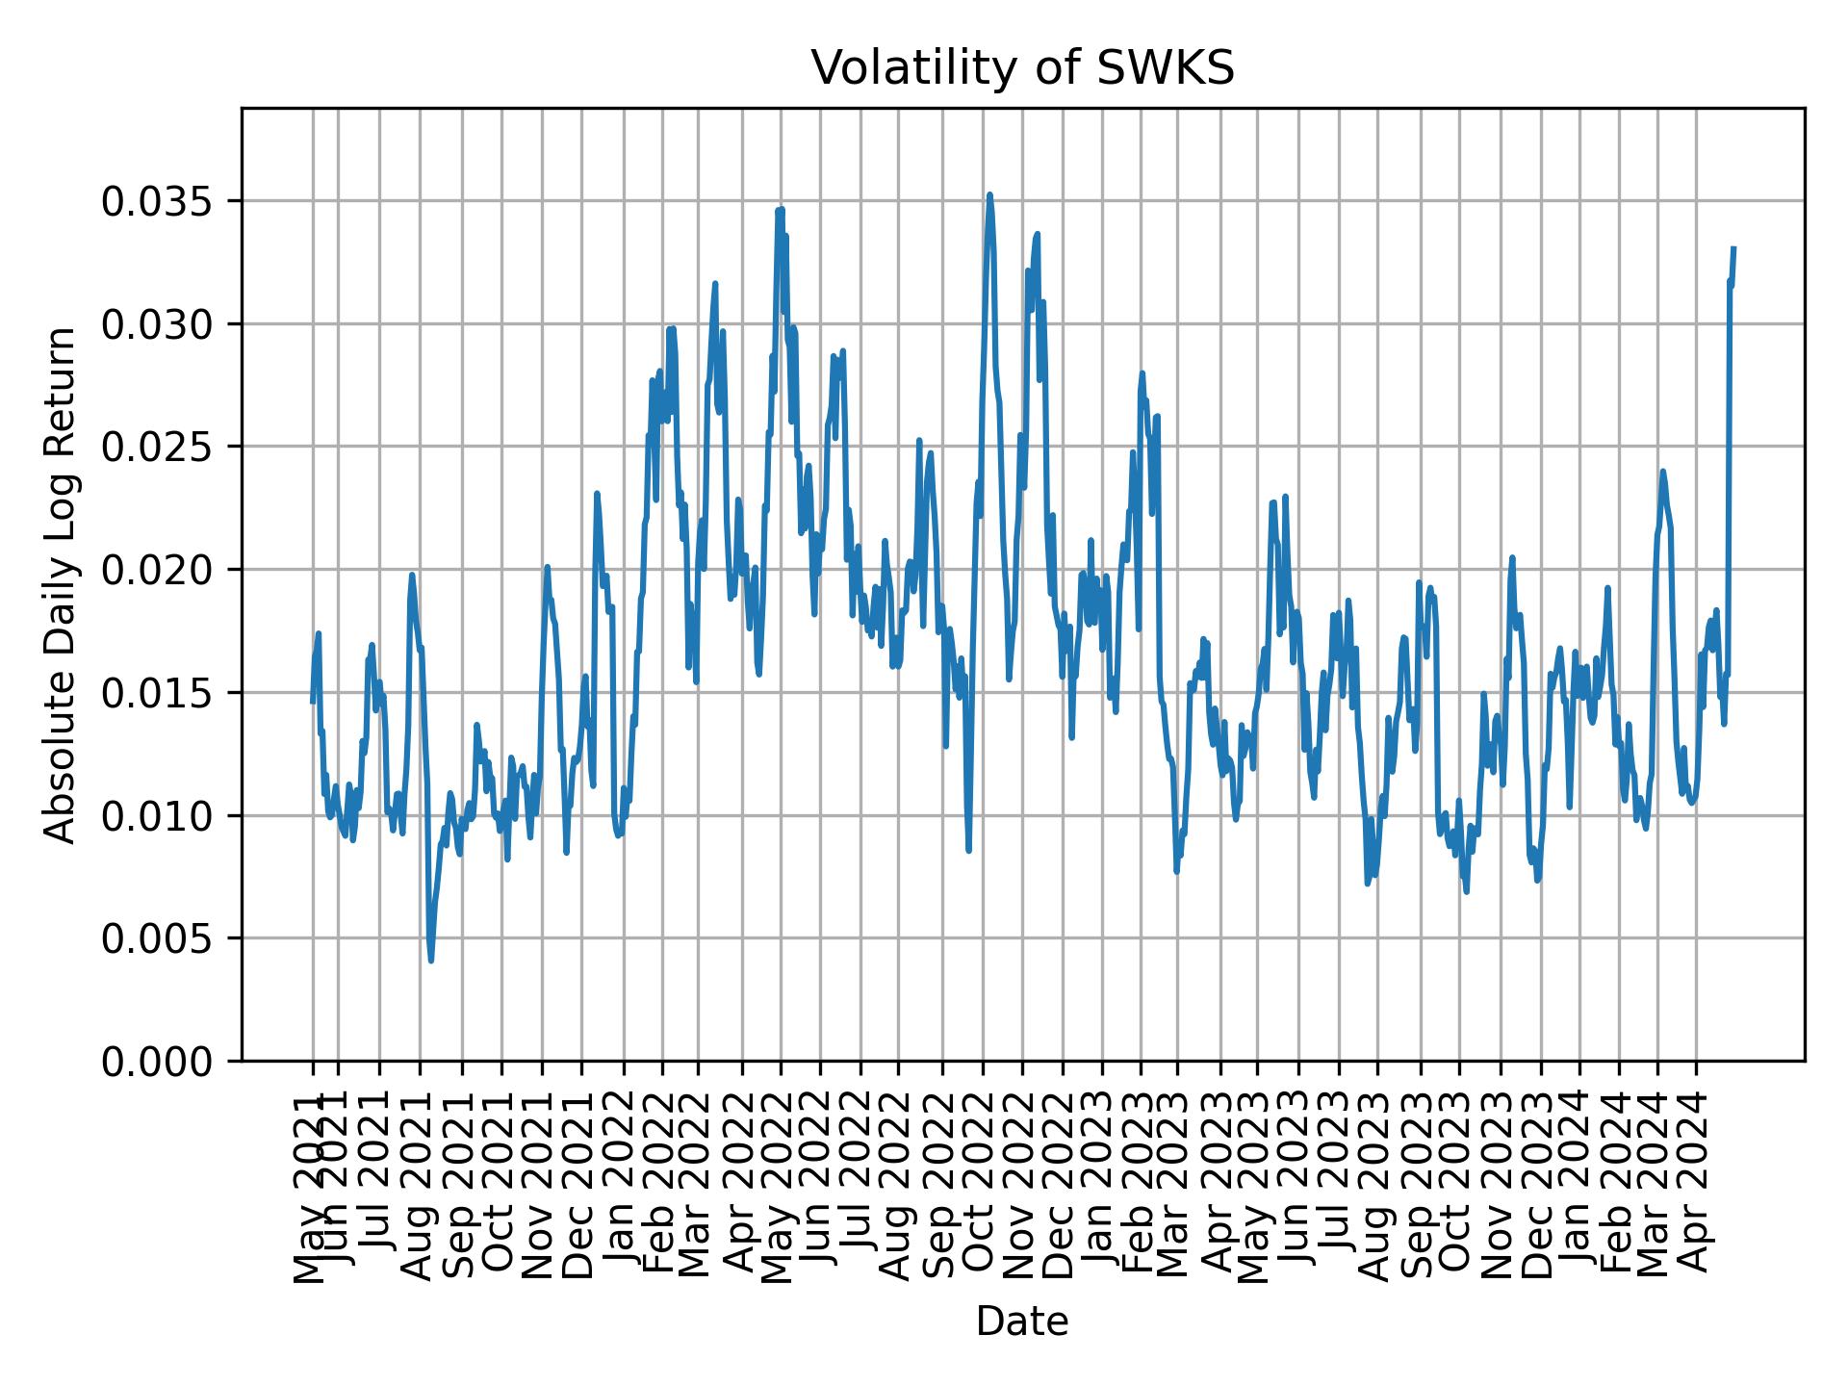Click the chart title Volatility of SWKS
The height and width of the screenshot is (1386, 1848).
tap(1022, 68)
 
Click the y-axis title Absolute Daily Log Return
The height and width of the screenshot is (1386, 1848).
tap(61, 584)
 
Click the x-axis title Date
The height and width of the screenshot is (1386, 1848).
tap(1022, 1322)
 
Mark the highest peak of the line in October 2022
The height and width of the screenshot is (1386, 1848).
tap(989, 194)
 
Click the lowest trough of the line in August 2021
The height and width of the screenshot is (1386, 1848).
tap(431, 960)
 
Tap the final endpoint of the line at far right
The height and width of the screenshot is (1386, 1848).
tap(1733, 248)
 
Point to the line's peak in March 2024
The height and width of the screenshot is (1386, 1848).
tap(1662, 472)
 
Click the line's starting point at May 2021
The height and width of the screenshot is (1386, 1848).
tap(312, 702)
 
